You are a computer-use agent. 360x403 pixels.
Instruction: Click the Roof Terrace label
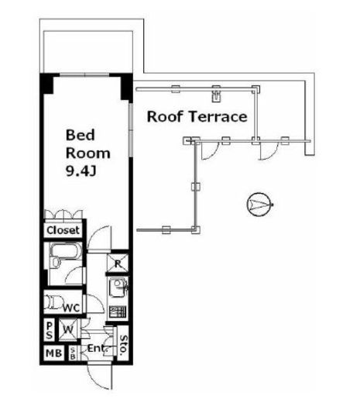tap(197, 116)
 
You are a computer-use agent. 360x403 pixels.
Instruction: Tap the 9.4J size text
tap(81, 170)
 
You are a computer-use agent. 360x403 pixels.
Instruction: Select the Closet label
tap(63, 230)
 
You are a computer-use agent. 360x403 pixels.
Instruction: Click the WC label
tap(71, 308)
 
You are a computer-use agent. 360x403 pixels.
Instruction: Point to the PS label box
tap(50, 331)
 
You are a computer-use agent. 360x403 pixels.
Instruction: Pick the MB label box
tap(53, 353)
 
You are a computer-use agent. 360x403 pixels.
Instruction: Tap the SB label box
tap(73, 353)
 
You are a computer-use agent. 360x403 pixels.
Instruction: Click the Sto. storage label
tap(123, 343)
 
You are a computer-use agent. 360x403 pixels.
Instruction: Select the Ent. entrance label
tap(97, 348)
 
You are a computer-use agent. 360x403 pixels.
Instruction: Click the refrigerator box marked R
tap(118, 263)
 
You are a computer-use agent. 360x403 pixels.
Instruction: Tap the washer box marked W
tap(68, 329)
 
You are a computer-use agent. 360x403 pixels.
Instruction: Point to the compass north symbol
tap(259, 205)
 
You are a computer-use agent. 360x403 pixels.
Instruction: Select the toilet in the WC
tap(53, 301)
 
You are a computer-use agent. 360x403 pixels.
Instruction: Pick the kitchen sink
tap(118, 288)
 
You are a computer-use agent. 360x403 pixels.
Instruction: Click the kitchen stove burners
tap(118, 312)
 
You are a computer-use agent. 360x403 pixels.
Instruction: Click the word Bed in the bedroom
tap(81, 135)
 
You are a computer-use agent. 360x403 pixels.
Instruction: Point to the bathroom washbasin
tap(56, 262)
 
